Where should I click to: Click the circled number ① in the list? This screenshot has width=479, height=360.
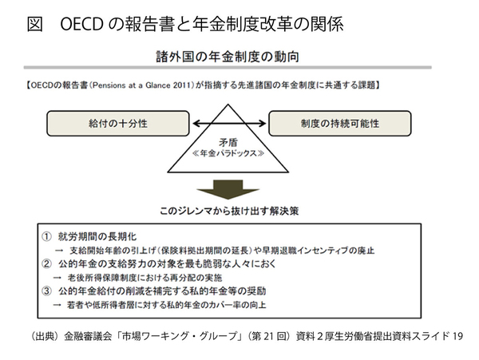point(47,237)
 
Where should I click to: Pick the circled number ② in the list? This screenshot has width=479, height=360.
point(47,264)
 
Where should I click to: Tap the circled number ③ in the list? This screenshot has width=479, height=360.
point(47,291)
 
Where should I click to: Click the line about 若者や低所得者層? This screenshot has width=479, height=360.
point(163,304)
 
